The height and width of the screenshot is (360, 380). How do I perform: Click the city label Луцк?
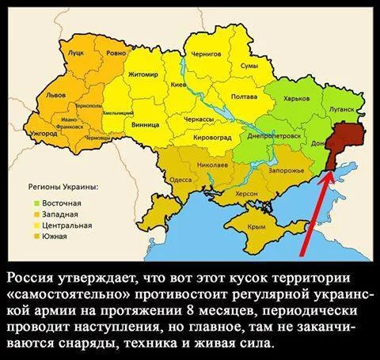click(76, 53)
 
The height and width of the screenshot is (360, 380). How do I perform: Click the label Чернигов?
click(206, 55)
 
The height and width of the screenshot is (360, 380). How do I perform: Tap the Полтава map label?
click(242, 97)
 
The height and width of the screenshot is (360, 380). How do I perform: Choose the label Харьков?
click(295, 99)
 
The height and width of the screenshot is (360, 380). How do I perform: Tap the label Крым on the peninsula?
click(256, 225)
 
